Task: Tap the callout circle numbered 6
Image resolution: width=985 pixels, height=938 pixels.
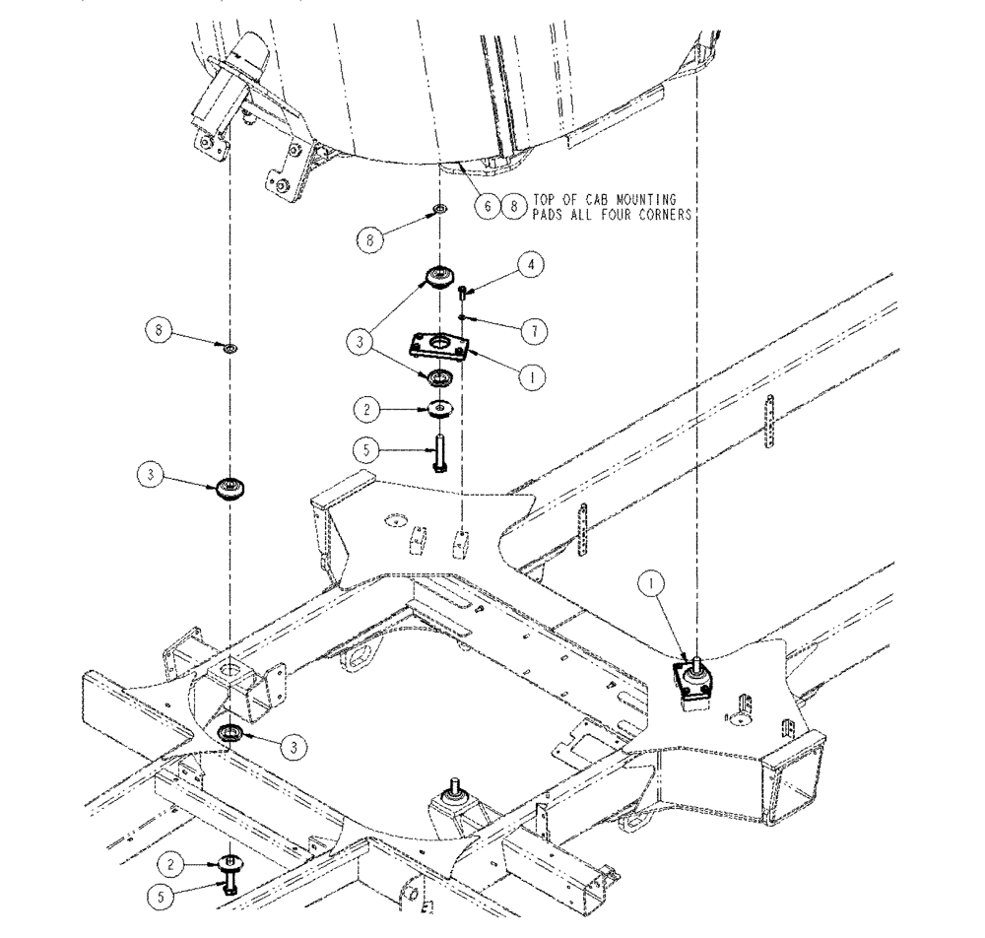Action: pyautogui.click(x=486, y=205)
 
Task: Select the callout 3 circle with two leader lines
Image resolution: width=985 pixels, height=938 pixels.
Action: pyautogui.click(x=361, y=342)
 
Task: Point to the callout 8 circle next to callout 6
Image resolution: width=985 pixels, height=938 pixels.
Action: pyautogui.click(x=512, y=205)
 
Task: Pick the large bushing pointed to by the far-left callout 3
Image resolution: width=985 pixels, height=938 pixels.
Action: pyautogui.click(x=230, y=487)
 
